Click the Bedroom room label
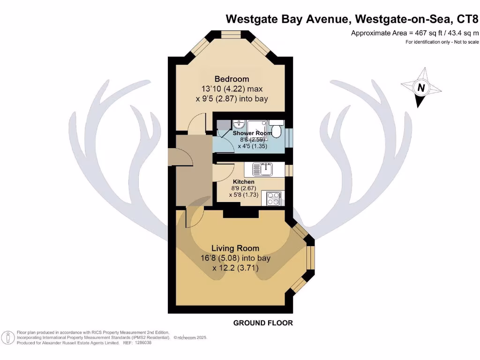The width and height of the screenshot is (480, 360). tap(232, 79)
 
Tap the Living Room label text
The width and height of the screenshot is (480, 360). tap(235, 248)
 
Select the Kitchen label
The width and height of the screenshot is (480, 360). tap(244, 181)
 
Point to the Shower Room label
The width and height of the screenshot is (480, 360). tap(253, 133)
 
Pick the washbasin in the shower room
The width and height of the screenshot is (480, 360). tap(240, 125)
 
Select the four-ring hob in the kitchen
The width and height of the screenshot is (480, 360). tap(273, 199)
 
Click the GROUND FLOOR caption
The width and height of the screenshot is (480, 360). tap(263, 323)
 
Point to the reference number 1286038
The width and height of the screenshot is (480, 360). tap(143, 343)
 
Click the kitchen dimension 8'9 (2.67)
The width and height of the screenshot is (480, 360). tap(244, 188)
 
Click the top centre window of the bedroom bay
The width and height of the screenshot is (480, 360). tap(232, 34)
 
